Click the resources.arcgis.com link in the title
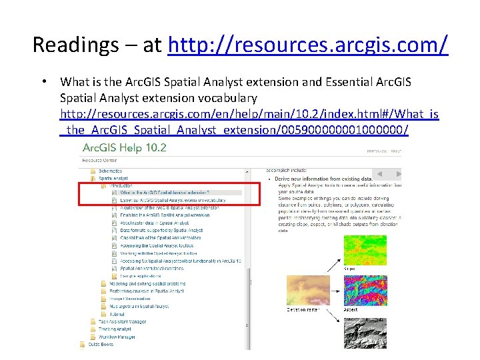309,45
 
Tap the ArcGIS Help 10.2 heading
124,148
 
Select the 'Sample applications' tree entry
140,275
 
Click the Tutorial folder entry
117,314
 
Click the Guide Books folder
101,345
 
